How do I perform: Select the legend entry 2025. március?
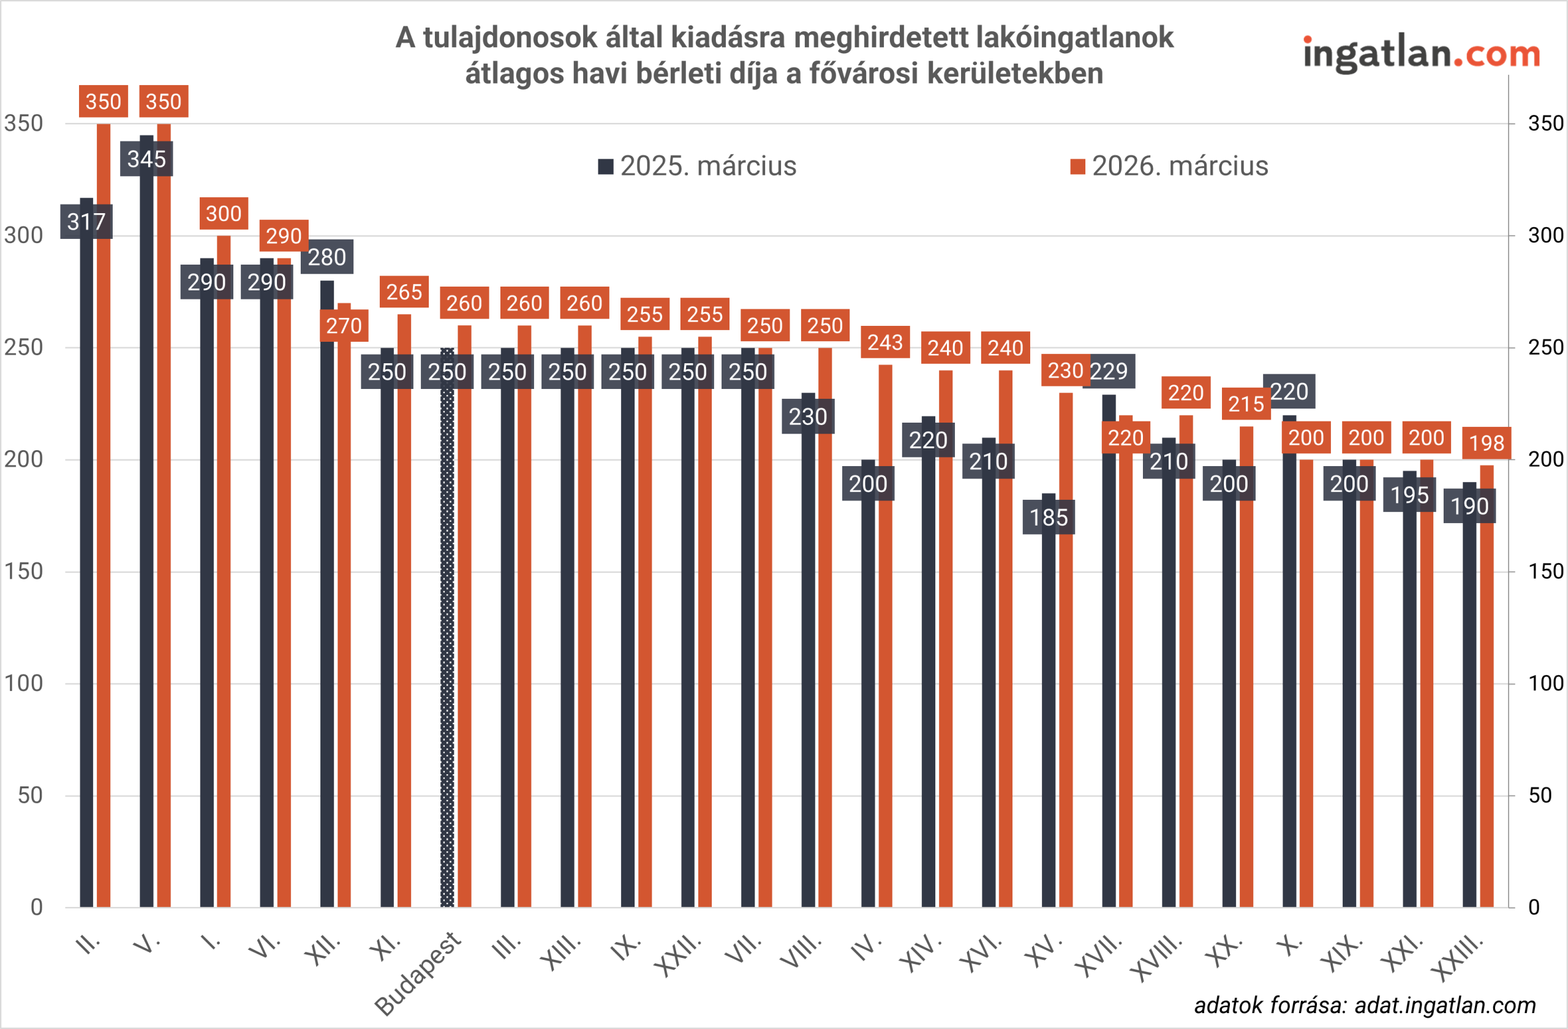(x=698, y=166)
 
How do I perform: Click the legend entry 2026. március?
(x=1170, y=166)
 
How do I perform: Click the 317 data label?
(x=86, y=222)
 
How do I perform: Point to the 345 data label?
(x=146, y=159)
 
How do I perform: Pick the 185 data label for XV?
(x=1049, y=517)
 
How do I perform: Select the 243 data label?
(x=885, y=342)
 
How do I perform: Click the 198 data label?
(x=1487, y=443)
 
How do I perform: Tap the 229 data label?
(x=1109, y=372)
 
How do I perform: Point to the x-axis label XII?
(x=323, y=950)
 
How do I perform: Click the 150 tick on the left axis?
(x=24, y=571)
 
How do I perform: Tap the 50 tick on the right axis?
(x=1540, y=796)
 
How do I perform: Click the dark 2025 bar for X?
(x=1289, y=659)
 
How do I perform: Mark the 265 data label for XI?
(x=404, y=292)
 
